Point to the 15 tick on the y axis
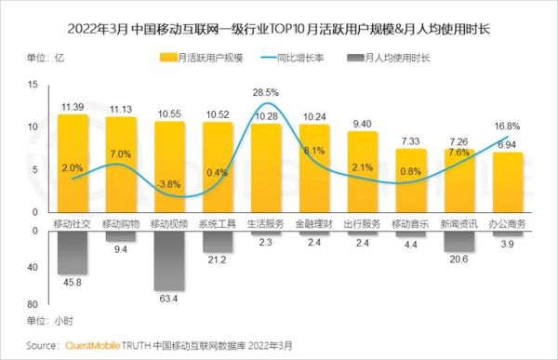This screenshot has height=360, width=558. pyautogui.click(x=33, y=85)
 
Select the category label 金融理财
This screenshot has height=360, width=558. pyautogui.click(x=313, y=223)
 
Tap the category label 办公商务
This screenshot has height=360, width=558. pyautogui.click(x=507, y=223)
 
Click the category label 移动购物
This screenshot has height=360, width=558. pyautogui.click(x=120, y=223)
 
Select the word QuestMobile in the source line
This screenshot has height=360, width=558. pyautogui.click(x=88, y=345)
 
